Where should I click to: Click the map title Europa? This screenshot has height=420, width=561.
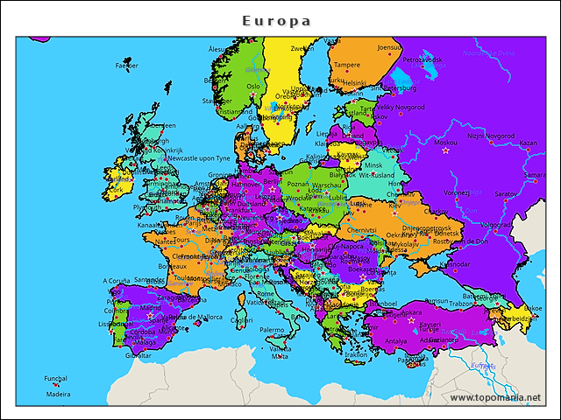pyautogui.click(x=276, y=19)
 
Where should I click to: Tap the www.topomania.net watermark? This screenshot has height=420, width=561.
pyautogui.click(x=495, y=397)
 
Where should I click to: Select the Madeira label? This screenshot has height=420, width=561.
pyautogui.click(x=59, y=394)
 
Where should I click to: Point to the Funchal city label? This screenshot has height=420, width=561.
pyautogui.click(x=55, y=379)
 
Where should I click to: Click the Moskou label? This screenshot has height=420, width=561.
pyautogui.click(x=446, y=142)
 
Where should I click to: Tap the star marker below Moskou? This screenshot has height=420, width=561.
pyautogui.click(x=444, y=150)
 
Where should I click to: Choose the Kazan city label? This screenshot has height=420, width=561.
pyautogui.click(x=528, y=143)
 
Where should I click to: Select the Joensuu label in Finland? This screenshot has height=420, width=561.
pyautogui.click(x=388, y=47)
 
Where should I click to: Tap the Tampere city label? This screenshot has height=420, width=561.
pyautogui.click(x=347, y=65)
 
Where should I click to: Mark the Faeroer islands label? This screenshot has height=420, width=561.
pyautogui.click(x=127, y=65)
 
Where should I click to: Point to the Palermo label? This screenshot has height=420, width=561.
pyautogui.click(x=272, y=330)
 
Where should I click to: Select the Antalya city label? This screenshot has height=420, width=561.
pyautogui.click(x=396, y=340)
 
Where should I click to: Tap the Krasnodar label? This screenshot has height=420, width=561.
pyautogui.click(x=456, y=262)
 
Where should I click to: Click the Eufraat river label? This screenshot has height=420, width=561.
pyautogui.click(x=483, y=366)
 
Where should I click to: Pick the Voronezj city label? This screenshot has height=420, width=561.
pyautogui.click(x=457, y=192)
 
